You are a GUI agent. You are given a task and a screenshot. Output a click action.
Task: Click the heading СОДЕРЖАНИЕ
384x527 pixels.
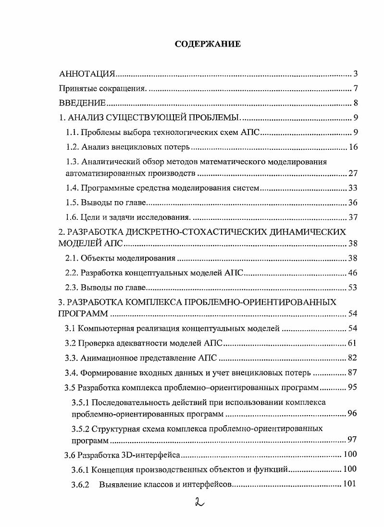[207, 44]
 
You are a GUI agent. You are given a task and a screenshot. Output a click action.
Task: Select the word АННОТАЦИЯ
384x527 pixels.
[87, 74]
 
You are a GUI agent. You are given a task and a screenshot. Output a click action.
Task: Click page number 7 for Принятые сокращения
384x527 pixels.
[355, 89]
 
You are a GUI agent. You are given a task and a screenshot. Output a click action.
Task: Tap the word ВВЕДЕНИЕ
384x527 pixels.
[82, 103]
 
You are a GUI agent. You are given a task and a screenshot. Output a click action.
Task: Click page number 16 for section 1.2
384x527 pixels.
[353, 147]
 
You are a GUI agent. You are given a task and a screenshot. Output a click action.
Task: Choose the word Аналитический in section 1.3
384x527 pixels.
[108, 162]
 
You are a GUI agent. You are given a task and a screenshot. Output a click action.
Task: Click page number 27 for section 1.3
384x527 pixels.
[353, 173]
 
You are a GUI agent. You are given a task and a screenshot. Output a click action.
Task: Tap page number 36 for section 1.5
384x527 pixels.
[353, 203]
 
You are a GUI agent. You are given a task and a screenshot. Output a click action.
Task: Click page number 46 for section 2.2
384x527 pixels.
[353, 273]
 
